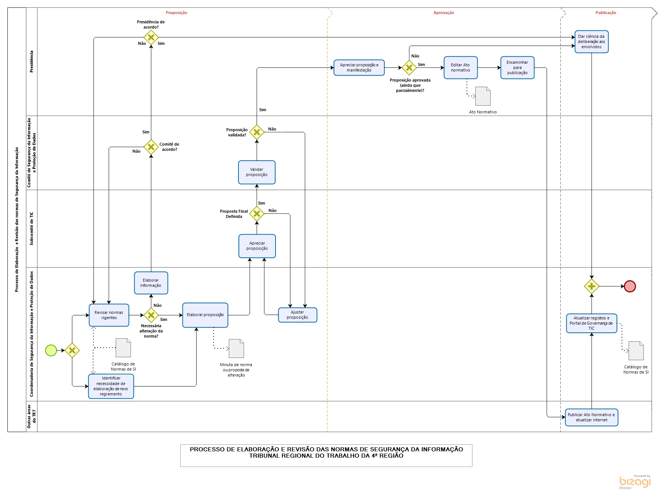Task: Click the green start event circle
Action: pyautogui.click(x=51, y=350)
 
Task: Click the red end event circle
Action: pyautogui.click(x=630, y=286)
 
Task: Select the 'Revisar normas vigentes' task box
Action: pyautogui.click(x=109, y=315)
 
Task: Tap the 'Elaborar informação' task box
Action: pyautogui.click(x=151, y=283)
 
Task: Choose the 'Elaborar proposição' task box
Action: pyautogui.click(x=205, y=315)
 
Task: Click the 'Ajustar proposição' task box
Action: pyautogui.click(x=297, y=315)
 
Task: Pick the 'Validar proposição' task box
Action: pyautogui.click(x=257, y=172)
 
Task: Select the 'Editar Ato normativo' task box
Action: pyautogui.click(x=460, y=67)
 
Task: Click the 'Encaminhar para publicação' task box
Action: pyautogui.click(x=517, y=67)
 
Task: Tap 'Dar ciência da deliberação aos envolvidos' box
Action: pyautogui.click(x=592, y=42)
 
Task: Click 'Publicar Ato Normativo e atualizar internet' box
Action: pyautogui.click(x=592, y=417)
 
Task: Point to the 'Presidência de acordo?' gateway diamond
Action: pyautogui.click(x=151, y=37)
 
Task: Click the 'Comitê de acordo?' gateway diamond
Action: pyautogui.click(x=151, y=147)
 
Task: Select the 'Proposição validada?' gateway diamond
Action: pyautogui.click(x=257, y=132)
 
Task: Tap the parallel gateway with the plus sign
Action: pyautogui.click(x=592, y=286)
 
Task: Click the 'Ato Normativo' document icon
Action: pyautogui.click(x=483, y=96)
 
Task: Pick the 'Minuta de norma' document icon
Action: pyautogui.click(x=236, y=348)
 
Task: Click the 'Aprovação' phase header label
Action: pyautogui.click(x=444, y=13)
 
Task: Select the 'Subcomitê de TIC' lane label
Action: pyautogui.click(x=32, y=228)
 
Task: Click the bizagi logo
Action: pyautogui.click(x=635, y=482)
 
